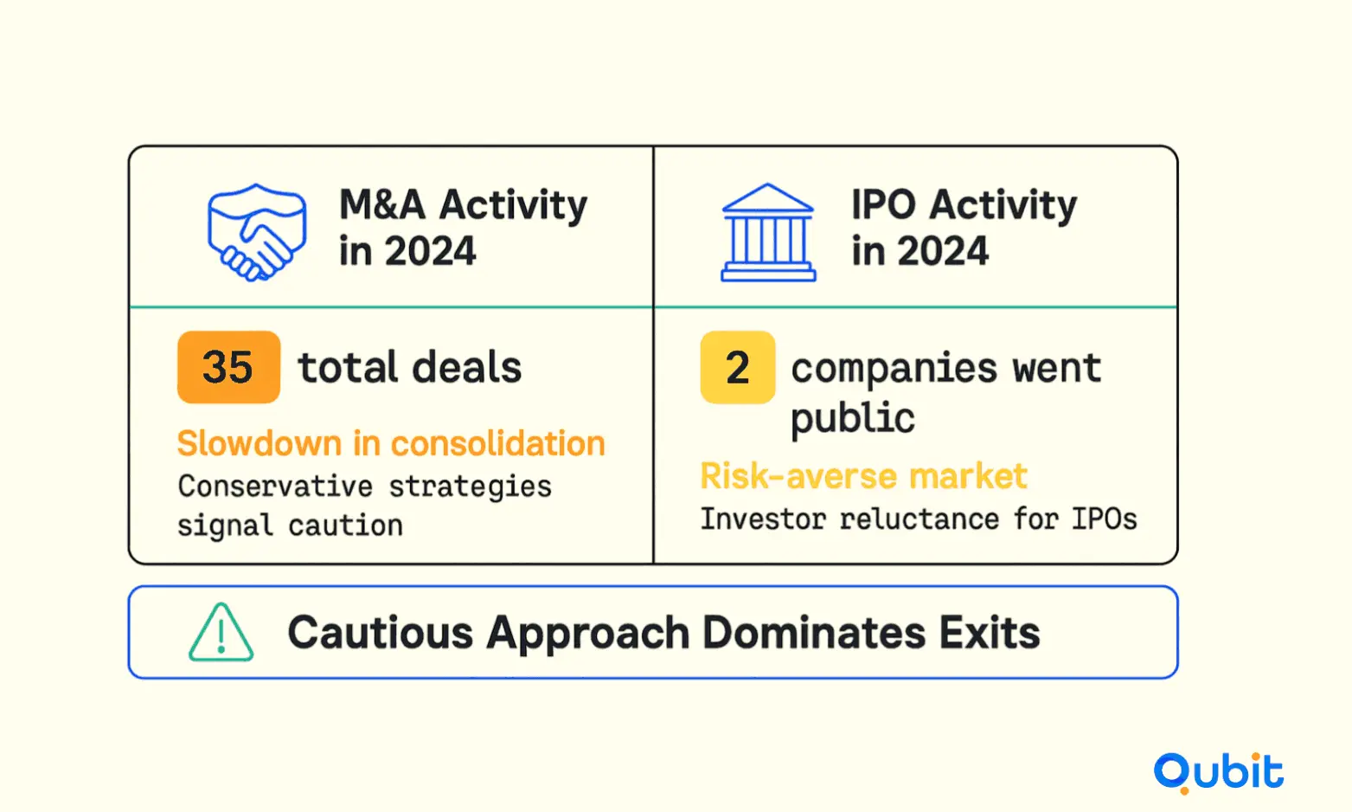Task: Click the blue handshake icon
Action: click(257, 233)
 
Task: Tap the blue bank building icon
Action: click(768, 233)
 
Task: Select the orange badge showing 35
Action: click(228, 367)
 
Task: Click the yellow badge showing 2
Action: click(738, 367)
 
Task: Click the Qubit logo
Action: click(1219, 773)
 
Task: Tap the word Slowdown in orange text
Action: click(260, 443)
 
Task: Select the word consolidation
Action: click(498, 443)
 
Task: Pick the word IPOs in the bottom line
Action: click(1105, 519)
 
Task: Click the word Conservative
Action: click(275, 487)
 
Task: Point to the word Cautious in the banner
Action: click(381, 633)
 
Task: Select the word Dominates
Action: click(814, 633)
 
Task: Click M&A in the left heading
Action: click(382, 204)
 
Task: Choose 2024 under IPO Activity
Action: click(943, 251)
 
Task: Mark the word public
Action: click(853, 418)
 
